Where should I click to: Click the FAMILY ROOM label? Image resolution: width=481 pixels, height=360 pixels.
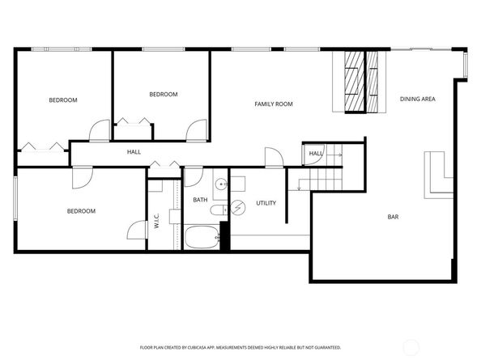pos(274,104)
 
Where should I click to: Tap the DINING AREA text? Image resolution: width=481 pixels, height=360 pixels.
pos(418,100)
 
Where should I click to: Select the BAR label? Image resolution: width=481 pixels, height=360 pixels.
pos(393,217)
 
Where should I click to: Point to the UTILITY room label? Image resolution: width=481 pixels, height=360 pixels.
pos(266,202)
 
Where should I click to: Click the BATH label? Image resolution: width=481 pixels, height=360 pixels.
pos(200,200)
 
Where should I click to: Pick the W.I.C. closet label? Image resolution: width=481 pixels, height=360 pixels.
pos(157,221)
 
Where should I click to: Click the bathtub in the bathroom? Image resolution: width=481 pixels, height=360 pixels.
pos(202,239)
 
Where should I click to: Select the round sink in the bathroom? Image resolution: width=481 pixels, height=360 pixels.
pos(220,183)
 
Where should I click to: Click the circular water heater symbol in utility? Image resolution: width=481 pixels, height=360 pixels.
pos(238,209)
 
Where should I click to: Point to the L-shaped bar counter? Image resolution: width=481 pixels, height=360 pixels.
pos(438,175)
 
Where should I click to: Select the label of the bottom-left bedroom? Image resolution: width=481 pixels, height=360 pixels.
pos(81,211)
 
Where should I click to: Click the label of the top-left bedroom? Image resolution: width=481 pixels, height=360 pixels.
pos(62,100)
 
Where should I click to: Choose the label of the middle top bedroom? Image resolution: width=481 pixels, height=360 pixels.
pos(163,95)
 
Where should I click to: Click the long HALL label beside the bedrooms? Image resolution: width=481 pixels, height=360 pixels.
pos(134,152)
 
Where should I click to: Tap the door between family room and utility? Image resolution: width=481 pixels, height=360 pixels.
pos(273,157)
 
